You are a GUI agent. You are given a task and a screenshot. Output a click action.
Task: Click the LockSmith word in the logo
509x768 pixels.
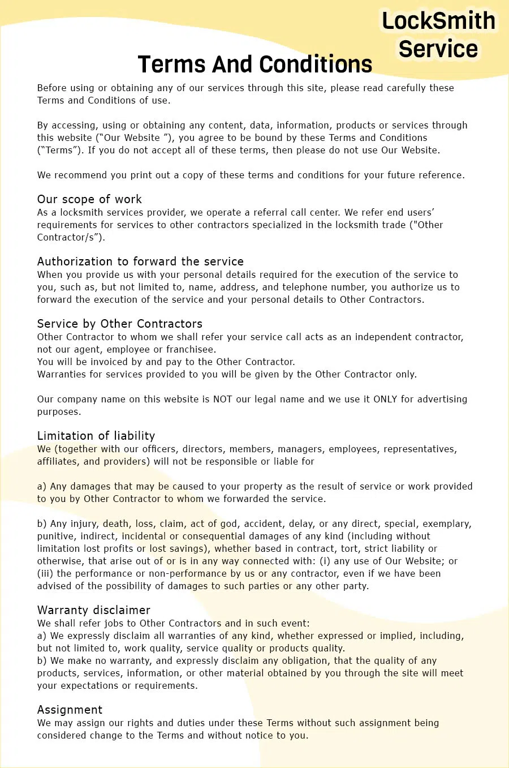pyautogui.click(x=439, y=21)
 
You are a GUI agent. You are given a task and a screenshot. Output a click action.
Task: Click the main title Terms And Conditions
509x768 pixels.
pyautogui.click(x=255, y=65)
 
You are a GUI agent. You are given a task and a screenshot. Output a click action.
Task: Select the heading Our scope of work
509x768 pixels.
pyautogui.click(x=89, y=199)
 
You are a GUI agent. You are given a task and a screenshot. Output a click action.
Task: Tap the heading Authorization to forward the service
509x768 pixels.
pyautogui.click(x=140, y=261)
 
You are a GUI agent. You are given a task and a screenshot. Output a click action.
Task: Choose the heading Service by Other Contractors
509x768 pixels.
pyautogui.click(x=119, y=324)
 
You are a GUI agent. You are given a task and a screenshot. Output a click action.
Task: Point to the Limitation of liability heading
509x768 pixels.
pyautogui.click(x=96, y=436)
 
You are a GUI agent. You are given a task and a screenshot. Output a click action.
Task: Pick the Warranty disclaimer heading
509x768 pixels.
pyautogui.click(x=93, y=610)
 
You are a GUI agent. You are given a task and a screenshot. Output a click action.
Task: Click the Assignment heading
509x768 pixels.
pyautogui.click(x=70, y=710)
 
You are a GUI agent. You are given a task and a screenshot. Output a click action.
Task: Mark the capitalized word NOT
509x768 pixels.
pyautogui.click(x=222, y=399)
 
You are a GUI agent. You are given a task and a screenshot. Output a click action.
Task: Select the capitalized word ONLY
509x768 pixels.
pyautogui.click(x=385, y=399)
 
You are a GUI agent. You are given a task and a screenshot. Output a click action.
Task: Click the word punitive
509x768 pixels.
pyautogui.click(x=55, y=536)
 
